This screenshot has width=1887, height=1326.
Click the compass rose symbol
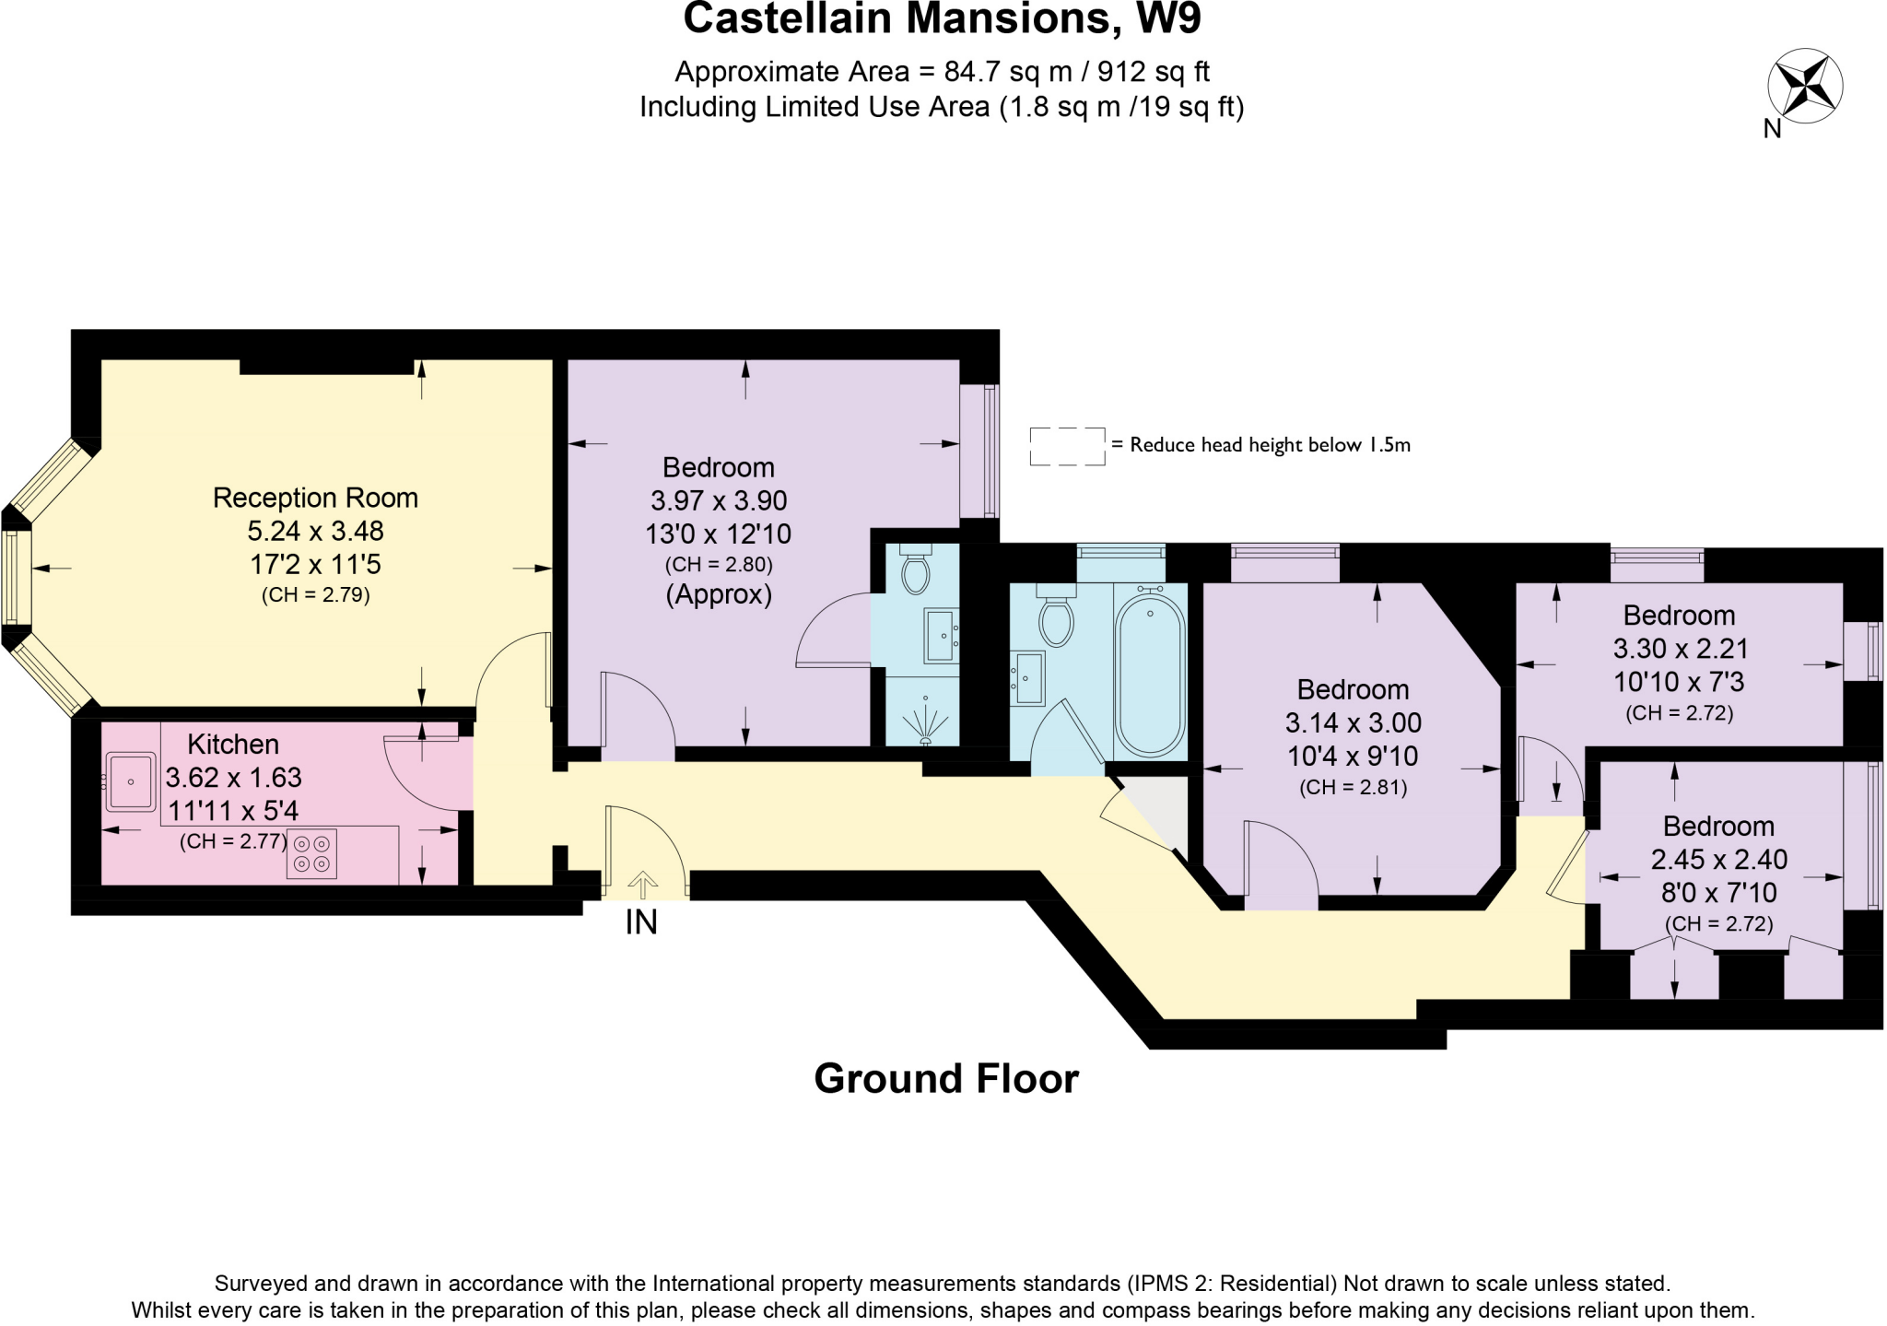point(1805,88)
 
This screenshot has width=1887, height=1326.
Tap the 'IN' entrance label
point(641,922)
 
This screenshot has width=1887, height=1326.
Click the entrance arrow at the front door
point(643,885)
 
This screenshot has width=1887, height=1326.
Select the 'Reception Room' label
point(315,498)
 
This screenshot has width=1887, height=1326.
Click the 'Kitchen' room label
point(233,744)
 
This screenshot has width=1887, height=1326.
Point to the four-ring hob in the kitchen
point(311,853)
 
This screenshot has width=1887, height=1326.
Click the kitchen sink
point(130,781)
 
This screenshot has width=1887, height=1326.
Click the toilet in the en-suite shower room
point(916,569)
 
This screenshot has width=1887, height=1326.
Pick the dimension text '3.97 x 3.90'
point(719,500)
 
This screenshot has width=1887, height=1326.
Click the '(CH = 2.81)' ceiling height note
point(1353,788)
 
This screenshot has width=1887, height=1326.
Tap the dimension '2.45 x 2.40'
point(1719,859)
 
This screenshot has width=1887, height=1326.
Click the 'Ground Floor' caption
point(946,1078)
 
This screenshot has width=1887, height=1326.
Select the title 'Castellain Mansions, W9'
point(943,18)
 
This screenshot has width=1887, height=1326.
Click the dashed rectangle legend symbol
point(1067,446)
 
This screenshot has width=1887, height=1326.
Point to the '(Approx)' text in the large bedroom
point(719,594)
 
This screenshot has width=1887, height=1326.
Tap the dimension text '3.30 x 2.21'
point(1681,649)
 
